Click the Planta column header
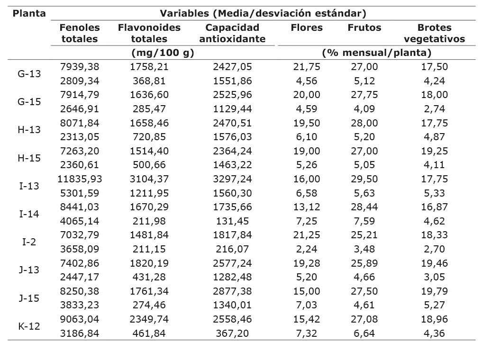pos(29,13)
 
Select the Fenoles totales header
pos(80,33)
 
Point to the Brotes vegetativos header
pos(434,33)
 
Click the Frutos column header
pos(364,27)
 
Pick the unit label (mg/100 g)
pos(163,53)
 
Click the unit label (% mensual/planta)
pos(376,53)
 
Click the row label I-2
pos(29,242)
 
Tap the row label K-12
pos(29,326)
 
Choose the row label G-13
pos(29,74)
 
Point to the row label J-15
pos(29,298)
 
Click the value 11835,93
pos(80,179)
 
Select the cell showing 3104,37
pos(149,179)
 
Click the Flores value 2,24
pos(307,249)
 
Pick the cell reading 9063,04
pos(80,319)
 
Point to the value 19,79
pos(434,291)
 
